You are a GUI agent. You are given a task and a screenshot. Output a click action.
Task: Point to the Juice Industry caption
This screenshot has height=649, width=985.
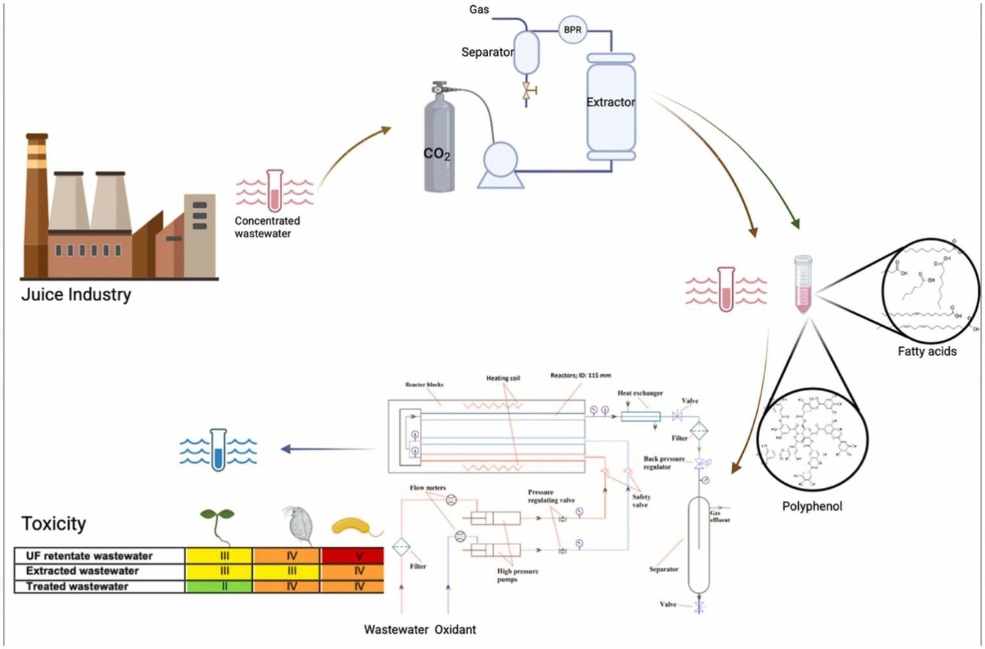(76, 296)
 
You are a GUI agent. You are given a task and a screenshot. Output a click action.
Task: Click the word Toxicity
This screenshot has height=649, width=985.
(54, 524)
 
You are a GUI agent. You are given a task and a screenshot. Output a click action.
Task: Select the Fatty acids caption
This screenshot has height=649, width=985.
(926, 352)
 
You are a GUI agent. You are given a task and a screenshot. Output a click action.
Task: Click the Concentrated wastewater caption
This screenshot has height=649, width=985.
(267, 227)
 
